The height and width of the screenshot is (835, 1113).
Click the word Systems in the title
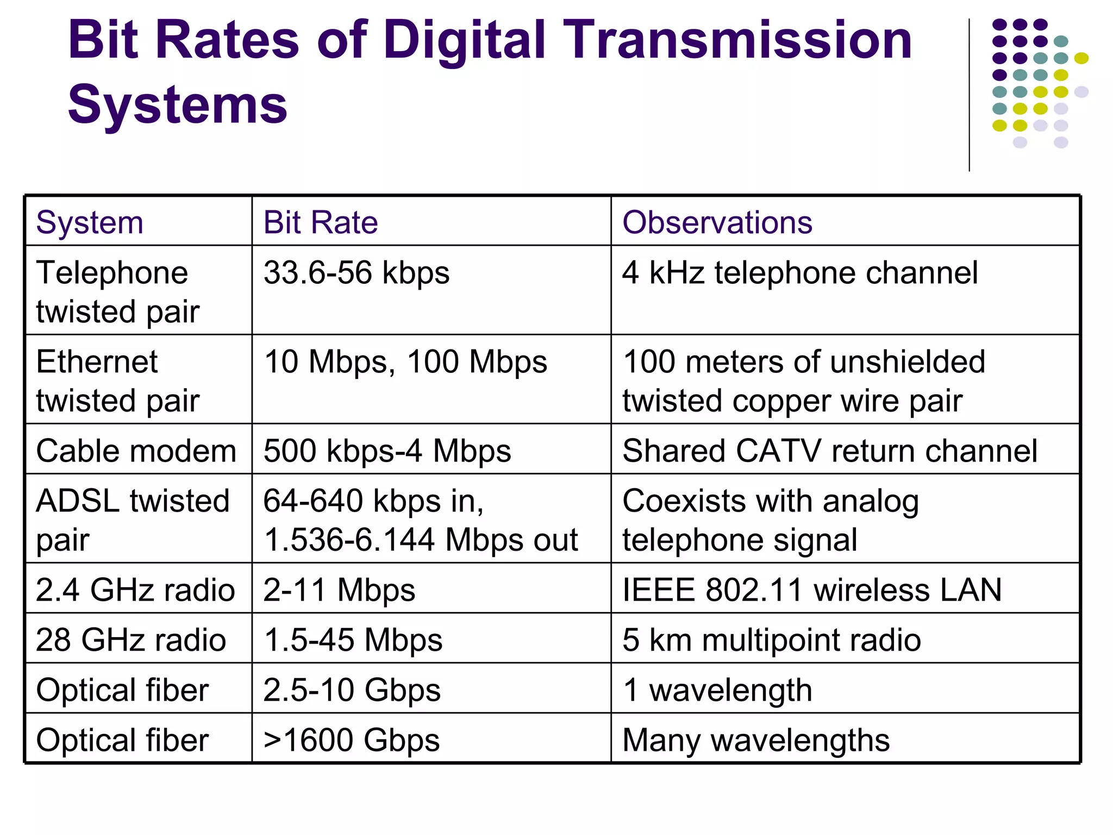[x=177, y=105]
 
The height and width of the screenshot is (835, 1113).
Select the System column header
[x=90, y=223]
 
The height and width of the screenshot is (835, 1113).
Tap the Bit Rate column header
[x=321, y=223]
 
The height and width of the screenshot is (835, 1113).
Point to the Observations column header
[x=717, y=223]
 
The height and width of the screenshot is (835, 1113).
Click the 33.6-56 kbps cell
[x=357, y=273]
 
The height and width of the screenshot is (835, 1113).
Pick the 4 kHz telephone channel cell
[x=799, y=273]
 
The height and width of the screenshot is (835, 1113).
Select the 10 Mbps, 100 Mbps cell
[x=405, y=362]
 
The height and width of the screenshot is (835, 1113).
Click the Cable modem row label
[x=136, y=451]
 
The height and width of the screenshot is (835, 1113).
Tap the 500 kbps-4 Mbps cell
[x=387, y=451]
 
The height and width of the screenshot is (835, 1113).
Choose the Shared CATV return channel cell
[x=829, y=451]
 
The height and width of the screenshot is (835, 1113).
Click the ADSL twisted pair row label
[x=133, y=520]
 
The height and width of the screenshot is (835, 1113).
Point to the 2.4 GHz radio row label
[x=135, y=590]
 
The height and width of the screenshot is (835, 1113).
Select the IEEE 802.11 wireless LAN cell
[x=812, y=590]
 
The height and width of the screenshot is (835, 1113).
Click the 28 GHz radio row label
[x=131, y=640]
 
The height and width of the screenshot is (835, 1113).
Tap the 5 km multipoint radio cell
[x=772, y=640]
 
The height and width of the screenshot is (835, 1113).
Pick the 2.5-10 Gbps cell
[x=352, y=690]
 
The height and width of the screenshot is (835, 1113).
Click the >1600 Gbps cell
[x=351, y=740]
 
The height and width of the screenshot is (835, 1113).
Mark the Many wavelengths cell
[x=756, y=740]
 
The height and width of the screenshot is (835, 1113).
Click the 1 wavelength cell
[x=717, y=690]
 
